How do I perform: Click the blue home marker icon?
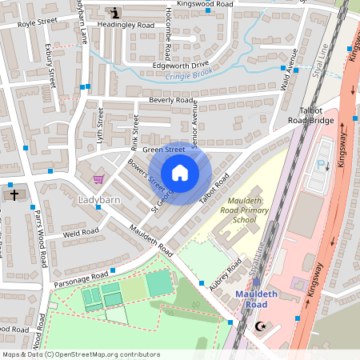[180, 172]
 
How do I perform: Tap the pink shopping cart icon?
[98, 179]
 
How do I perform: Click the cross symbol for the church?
[14, 194]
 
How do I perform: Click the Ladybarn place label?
[98, 198]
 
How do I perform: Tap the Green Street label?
[163, 149]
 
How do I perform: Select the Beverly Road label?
[171, 101]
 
